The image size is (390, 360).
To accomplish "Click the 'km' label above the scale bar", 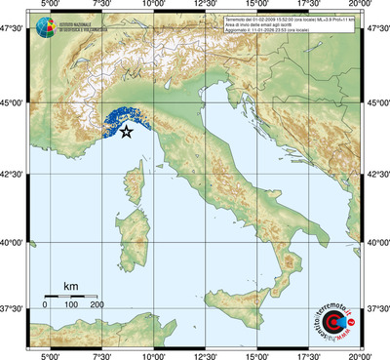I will (x=70, y=286).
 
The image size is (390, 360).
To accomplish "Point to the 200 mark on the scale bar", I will (x=97, y=305).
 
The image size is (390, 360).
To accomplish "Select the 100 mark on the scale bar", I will (x=71, y=305).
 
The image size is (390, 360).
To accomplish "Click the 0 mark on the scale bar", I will (x=45, y=305).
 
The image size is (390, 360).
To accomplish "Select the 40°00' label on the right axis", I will (x=376, y=242).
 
